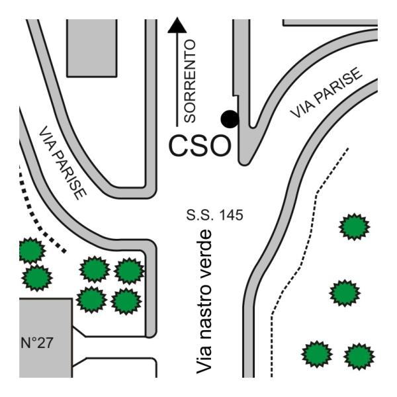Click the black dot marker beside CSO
230,119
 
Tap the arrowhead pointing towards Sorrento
177,25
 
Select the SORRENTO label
190,81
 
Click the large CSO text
200,146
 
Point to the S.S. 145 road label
214,215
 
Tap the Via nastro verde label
204,302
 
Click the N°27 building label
37,343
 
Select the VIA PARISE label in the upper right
326,93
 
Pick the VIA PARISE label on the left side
63,163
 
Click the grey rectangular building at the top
92,48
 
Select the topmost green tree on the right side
354,226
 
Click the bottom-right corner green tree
359,356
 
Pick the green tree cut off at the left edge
31,250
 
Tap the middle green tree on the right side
345,293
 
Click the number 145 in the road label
231,215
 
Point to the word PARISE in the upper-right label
337,85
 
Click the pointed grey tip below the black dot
244,161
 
